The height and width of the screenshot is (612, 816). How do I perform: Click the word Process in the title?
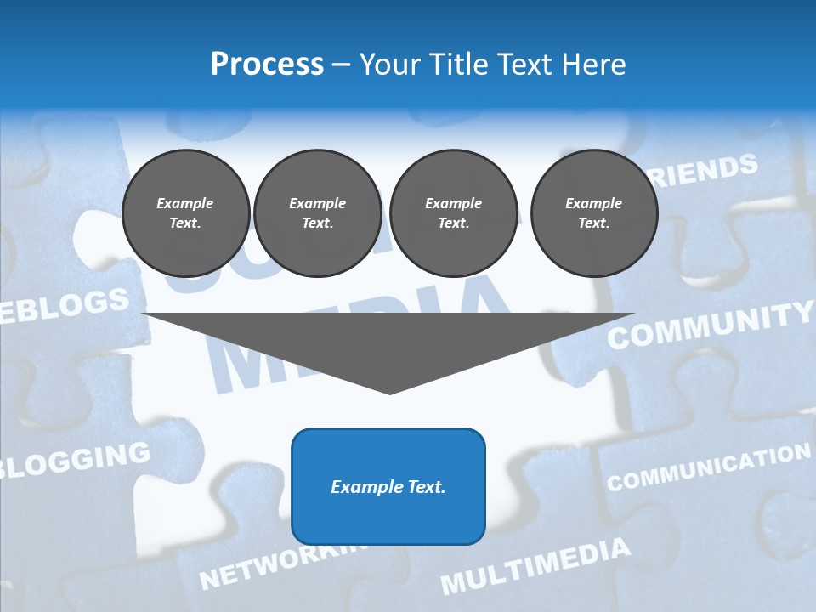(x=267, y=65)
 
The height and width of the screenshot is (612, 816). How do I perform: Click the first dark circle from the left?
(x=185, y=213)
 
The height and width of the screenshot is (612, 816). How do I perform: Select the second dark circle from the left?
(x=317, y=213)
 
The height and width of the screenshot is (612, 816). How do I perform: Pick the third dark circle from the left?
(x=453, y=213)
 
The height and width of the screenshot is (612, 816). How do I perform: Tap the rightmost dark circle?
(x=593, y=213)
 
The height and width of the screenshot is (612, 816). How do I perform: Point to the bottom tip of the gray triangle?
(x=389, y=393)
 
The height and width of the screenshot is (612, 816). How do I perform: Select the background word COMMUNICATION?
(x=708, y=468)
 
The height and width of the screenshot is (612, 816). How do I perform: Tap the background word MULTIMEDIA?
(x=535, y=566)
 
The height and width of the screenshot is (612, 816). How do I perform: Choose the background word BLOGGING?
(x=76, y=461)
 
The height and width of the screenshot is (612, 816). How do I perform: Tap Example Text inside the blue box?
(x=388, y=487)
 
